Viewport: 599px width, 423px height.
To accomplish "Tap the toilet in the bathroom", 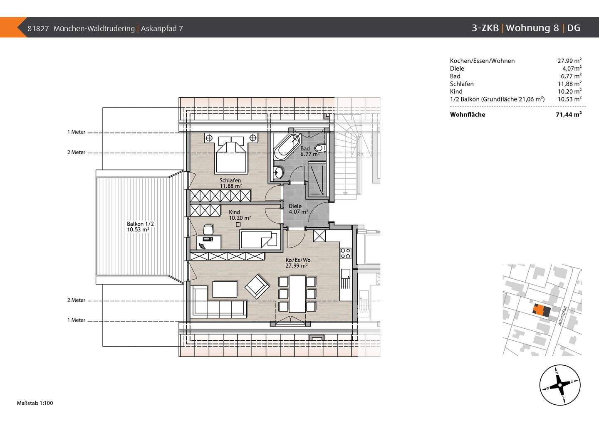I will (x=320, y=148).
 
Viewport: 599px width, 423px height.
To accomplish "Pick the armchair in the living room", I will (x=257, y=286).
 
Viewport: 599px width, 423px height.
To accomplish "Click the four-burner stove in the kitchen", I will (x=346, y=253).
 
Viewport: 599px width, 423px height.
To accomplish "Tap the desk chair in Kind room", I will (x=208, y=229).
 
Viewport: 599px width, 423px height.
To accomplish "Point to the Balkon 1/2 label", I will (x=138, y=226).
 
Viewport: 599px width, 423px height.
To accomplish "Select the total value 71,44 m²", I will (x=569, y=115).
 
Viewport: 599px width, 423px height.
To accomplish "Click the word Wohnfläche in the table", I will (x=468, y=115).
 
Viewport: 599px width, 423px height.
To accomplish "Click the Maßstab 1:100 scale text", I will (x=35, y=403).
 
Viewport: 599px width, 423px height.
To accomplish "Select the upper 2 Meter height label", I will (x=76, y=152).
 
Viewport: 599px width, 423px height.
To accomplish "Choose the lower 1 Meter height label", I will (x=76, y=320).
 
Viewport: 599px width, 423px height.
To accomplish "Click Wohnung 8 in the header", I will (x=532, y=28).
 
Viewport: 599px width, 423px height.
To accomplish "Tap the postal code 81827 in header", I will (x=38, y=29).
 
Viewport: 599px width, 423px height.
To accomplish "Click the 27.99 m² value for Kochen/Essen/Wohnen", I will (x=569, y=61).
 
